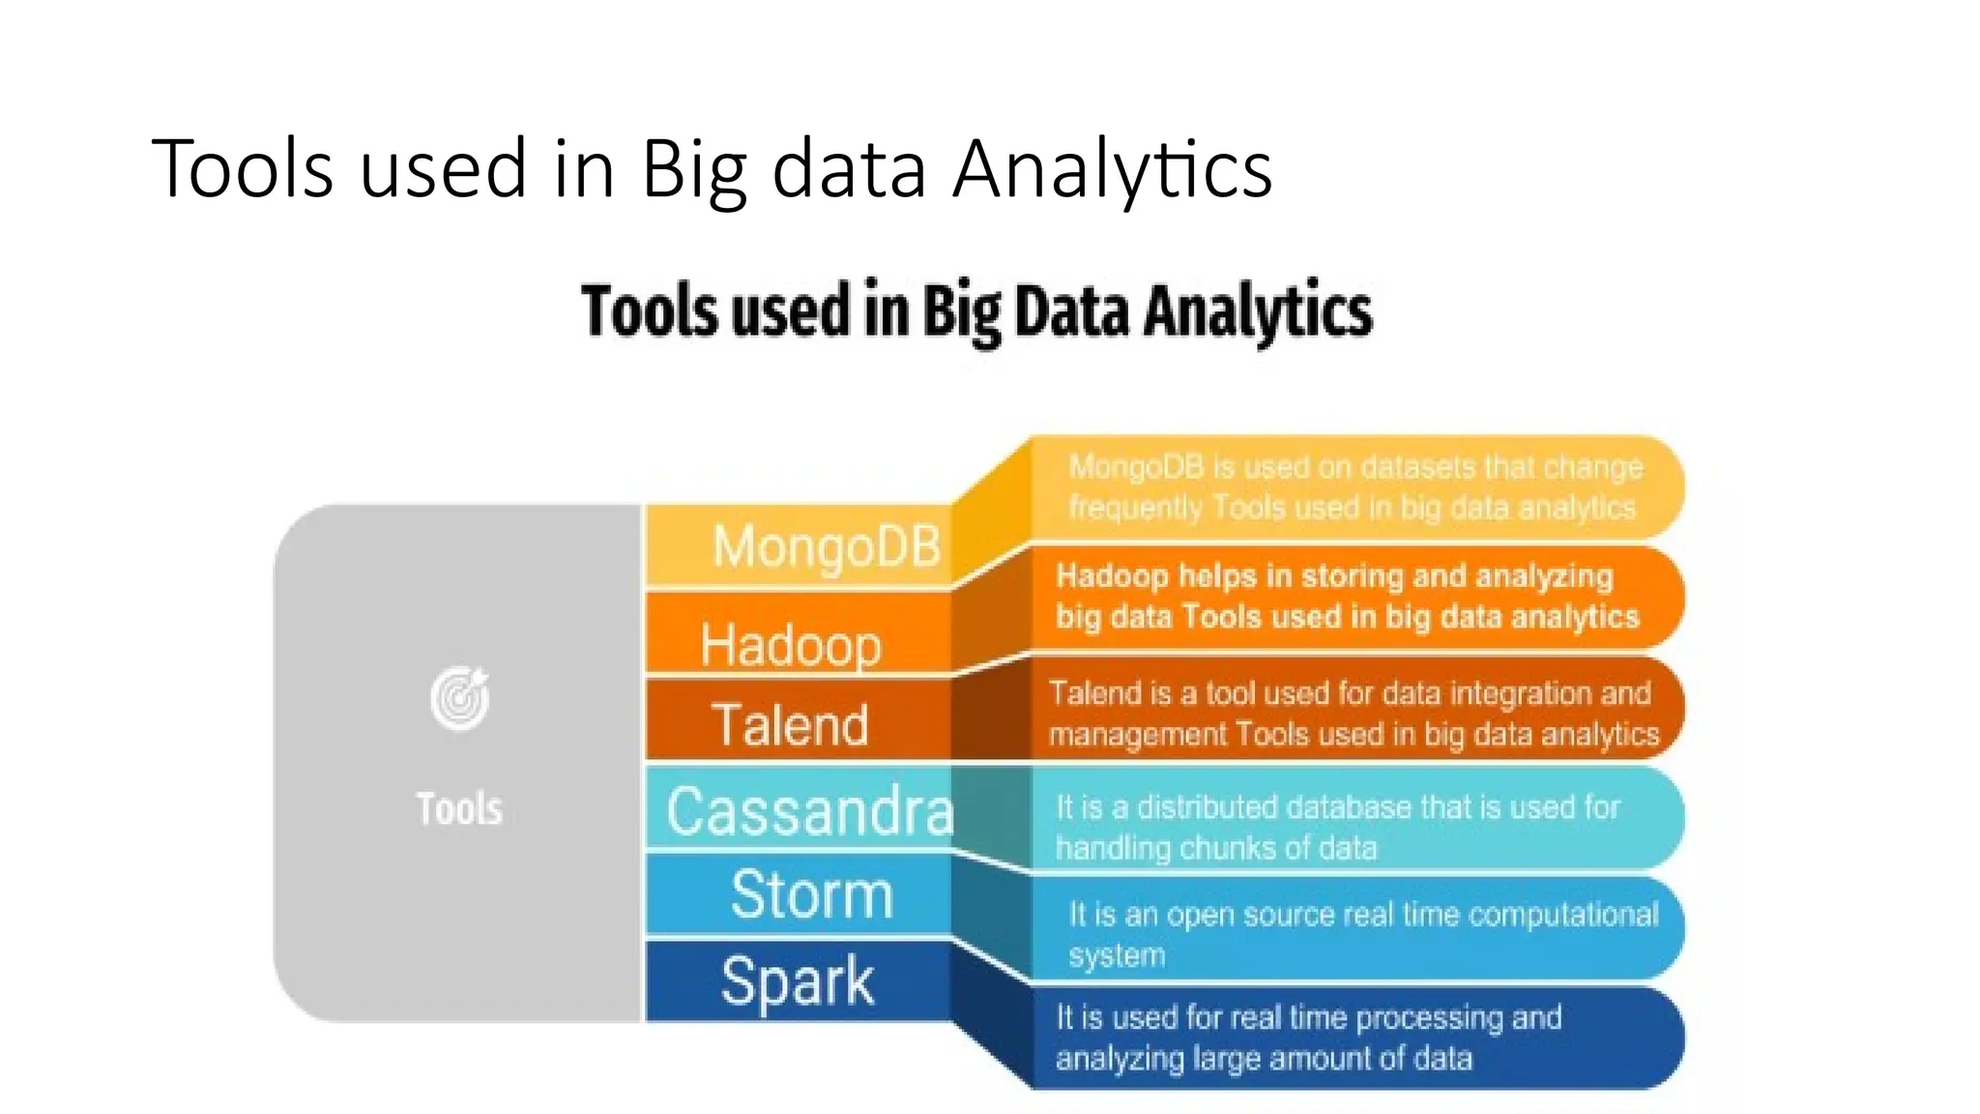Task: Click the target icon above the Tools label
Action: click(x=460, y=697)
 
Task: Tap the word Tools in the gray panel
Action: click(x=459, y=808)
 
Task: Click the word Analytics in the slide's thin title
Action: click(x=1112, y=169)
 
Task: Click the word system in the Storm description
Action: click(x=1117, y=955)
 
